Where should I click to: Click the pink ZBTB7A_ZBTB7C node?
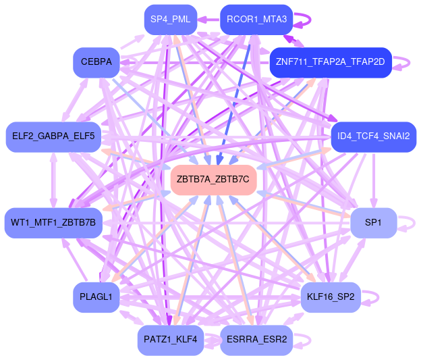click(213, 180)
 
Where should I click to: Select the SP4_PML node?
click(170, 20)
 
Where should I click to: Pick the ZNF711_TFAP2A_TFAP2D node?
click(330, 62)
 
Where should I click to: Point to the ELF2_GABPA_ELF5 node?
click(53, 136)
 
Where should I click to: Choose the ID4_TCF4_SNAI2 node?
click(373, 136)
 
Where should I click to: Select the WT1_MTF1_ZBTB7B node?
click(53, 223)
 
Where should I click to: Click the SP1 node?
click(373, 223)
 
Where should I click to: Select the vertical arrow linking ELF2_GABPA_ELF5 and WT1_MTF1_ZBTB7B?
click(53, 180)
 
